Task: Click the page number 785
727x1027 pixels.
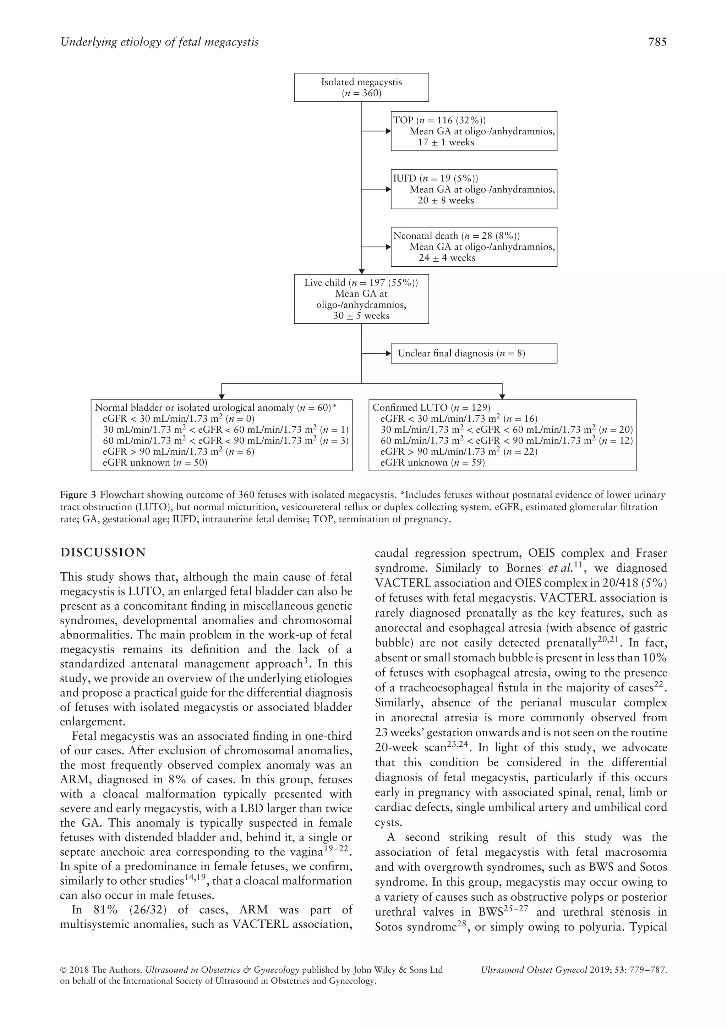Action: point(657,42)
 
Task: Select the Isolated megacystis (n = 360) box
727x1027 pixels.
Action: point(361,87)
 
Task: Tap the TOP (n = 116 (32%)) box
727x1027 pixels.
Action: point(474,131)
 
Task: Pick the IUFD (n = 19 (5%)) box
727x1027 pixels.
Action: point(474,189)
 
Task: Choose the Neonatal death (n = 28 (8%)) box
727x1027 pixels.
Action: point(474,247)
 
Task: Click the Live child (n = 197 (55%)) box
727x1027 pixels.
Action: point(361,299)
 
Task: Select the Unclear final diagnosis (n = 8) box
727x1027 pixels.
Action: point(474,353)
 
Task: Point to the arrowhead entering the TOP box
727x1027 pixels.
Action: point(388,131)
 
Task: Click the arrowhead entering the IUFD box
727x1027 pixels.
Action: point(388,189)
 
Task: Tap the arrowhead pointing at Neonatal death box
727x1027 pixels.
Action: point(388,247)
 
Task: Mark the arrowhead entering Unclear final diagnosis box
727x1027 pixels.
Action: point(388,353)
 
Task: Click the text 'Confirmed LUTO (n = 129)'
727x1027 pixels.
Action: point(431,407)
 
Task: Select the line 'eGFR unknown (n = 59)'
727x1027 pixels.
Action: point(432,462)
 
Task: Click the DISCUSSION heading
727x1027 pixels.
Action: point(103,553)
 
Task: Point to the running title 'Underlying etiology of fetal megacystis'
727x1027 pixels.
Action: point(159,42)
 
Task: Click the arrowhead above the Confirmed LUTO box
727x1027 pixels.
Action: point(502,396)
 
